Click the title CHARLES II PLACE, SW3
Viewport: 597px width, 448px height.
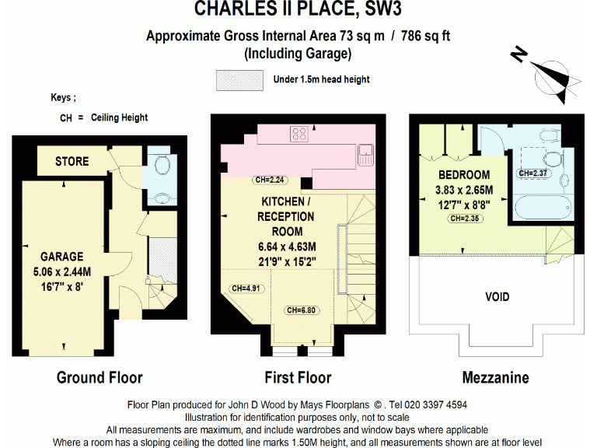tap(298, 10)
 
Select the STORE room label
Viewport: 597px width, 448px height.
tap(72, 162)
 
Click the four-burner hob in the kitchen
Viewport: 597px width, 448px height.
tap(299, 134)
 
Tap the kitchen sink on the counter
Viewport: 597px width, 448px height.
tap(366, 153)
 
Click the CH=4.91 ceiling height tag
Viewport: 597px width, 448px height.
tap(246, 288)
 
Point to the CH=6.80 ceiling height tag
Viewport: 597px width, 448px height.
tap(302, 310)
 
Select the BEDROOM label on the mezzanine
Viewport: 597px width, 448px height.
tap(464, 174)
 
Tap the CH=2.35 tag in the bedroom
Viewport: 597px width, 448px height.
tap(465, 219)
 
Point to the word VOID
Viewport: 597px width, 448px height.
tap(497, 296)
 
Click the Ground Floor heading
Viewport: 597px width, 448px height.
tap(99, 378)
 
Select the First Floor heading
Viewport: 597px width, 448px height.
tap(298, 378)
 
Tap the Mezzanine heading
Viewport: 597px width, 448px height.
tap(495, 378)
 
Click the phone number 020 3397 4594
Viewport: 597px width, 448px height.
tap(430, 405)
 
